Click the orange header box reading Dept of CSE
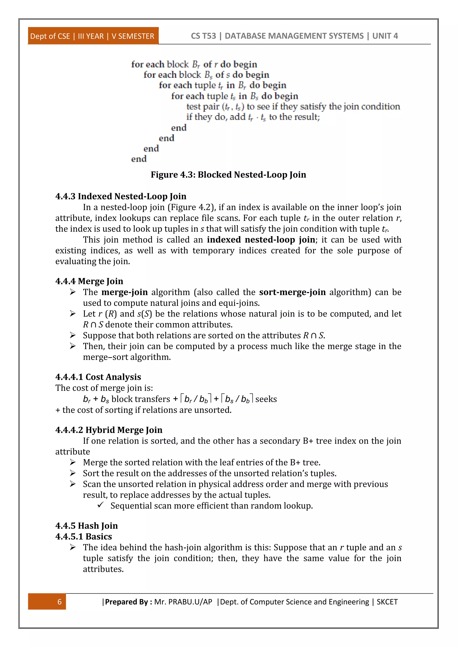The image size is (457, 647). pyautogui.click(x=93, y=36)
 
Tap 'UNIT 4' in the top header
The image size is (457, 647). pyautogui.click(x=385, y=36)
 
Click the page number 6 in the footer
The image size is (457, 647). pyautogui.click(x=59, y=602)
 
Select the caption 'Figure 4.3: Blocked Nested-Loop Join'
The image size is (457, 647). pyautogui.click(x=228, y=175)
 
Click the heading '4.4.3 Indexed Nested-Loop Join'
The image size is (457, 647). pyautogui.click(x=121, y=196)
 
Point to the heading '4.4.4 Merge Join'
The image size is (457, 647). pyautogui.click(x=89, y=281)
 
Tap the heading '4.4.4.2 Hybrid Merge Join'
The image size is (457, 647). pyautogui.click(x=109, y=430)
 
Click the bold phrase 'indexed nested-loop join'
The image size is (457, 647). pyautogui.click(x=261, y=239)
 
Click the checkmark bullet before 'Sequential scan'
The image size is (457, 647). pyautogui.click(x=100, y=505)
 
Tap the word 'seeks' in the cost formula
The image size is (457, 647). pyautogui.click(x=266, y=399)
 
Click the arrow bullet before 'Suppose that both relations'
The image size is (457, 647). pyautogui.click(x=73, y=335)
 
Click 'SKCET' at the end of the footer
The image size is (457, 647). pyautogui.click(x=387, y=602)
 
